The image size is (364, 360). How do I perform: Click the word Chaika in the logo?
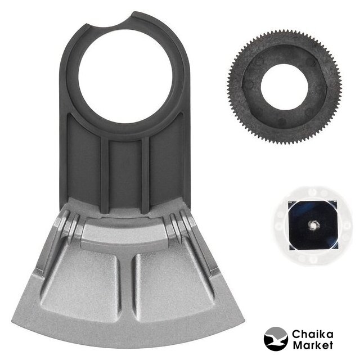pyautogui.click(x=312, y=335)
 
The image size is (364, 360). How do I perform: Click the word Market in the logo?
pyautogui.click(x=312, y=345)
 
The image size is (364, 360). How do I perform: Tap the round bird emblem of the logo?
pyautogui.click(x=276, y=339)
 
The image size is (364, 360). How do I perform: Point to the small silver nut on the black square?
pyautogui.click(x=312, y=224)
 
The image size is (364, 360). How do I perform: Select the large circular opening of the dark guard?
pyautogui.click(x=125, y=76)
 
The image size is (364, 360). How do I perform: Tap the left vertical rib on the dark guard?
pyautogui.click(x=105, y=175)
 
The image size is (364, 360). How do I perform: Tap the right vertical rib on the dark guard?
pyautogui.click(x=145, y=175)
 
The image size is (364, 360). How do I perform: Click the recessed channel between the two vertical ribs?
pyautogui.click(x=125, y=175)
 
